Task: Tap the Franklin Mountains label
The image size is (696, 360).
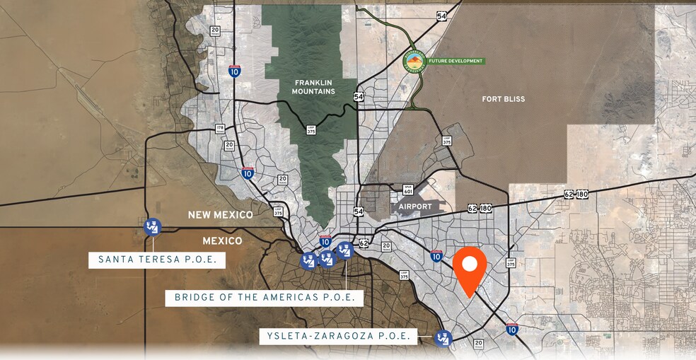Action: [x=313, y=87]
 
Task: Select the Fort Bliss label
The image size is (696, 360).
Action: [x=504, y=99]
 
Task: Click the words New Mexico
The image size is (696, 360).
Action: [x=220, y=214]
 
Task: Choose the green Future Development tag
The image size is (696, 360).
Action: [x=456, y=61]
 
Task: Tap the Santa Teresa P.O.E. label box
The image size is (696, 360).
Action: [x=157, y=260]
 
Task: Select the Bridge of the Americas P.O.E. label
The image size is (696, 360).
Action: [x=265, y=297]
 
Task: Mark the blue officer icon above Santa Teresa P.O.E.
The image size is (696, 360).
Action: [x=152, y=227]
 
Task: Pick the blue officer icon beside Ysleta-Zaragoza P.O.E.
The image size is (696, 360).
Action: [x=443, y=338]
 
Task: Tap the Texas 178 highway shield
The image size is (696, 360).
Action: [x=220, y=129]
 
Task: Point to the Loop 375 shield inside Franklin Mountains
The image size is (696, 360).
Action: [x=311, y=129]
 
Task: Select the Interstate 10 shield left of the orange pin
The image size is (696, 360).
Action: [x=436, y=255]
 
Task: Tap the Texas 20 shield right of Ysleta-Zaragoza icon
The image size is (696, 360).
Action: [x=479, y=344]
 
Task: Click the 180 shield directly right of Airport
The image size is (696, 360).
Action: [x=485, y=209]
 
